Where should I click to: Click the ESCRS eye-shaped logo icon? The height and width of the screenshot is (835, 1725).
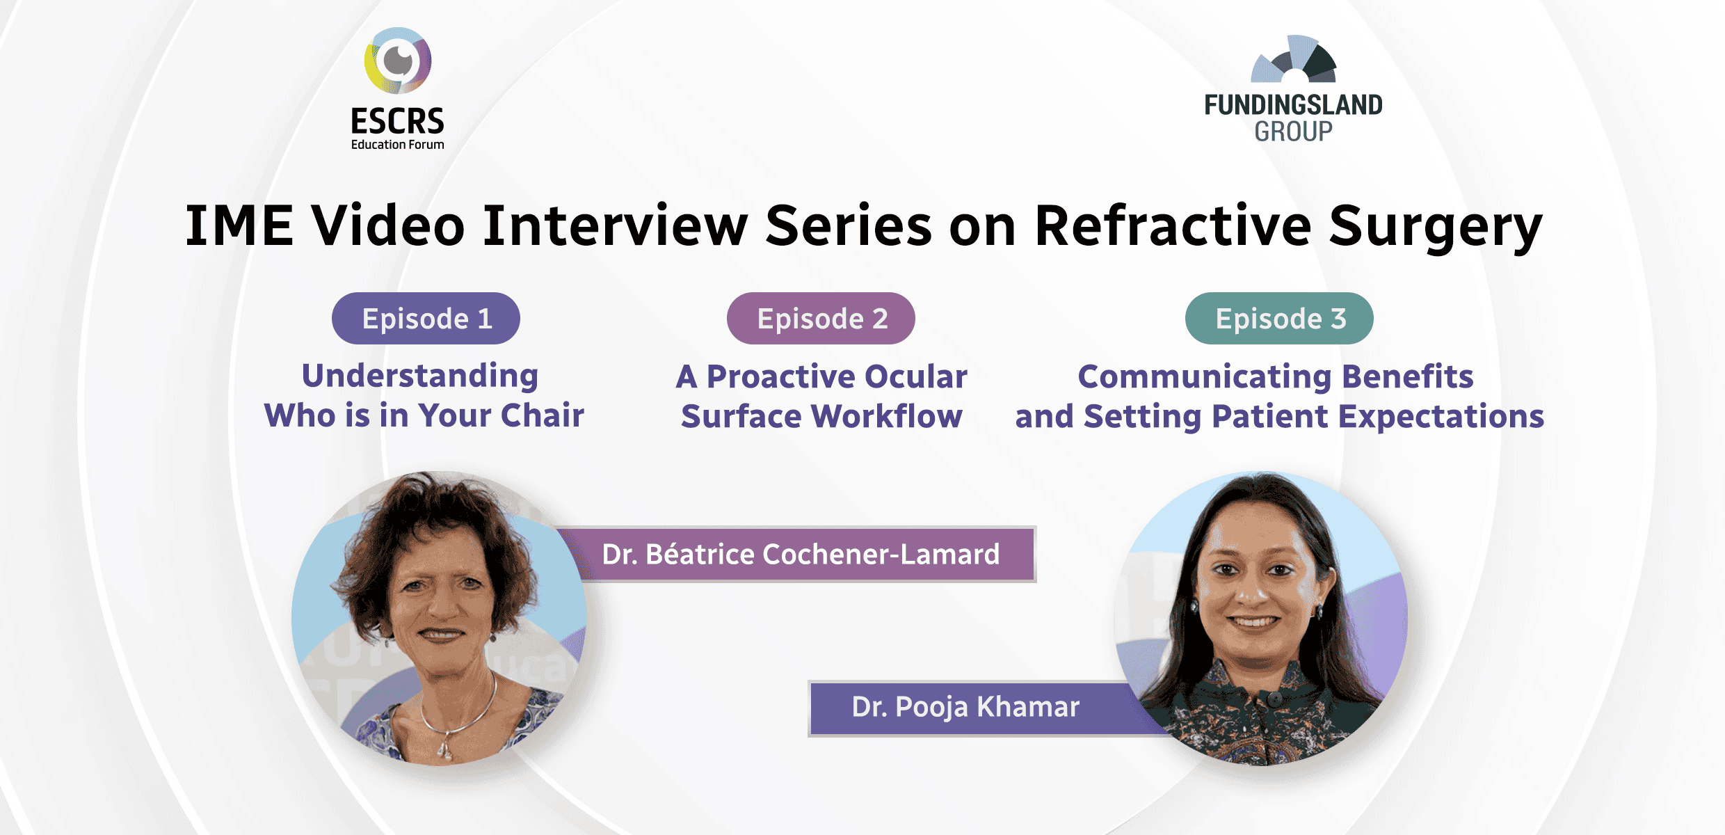398,61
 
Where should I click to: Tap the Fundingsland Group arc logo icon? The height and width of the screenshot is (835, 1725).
1294,60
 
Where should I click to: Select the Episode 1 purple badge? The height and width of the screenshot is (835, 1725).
426,319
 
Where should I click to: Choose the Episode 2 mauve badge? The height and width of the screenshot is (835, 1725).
821,319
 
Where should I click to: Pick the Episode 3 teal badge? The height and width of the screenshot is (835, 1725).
1279,319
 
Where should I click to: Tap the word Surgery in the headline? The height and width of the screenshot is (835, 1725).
1436,226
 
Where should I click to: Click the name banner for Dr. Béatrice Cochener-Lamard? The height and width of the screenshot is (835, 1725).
800,555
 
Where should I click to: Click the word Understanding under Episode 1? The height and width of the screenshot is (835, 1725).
420,376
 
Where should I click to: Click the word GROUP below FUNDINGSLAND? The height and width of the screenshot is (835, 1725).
1294,132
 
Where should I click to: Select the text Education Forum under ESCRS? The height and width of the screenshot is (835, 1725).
397,145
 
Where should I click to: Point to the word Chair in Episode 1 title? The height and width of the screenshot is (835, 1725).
543,416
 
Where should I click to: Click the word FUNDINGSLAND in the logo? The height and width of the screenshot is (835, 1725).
1294,105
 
